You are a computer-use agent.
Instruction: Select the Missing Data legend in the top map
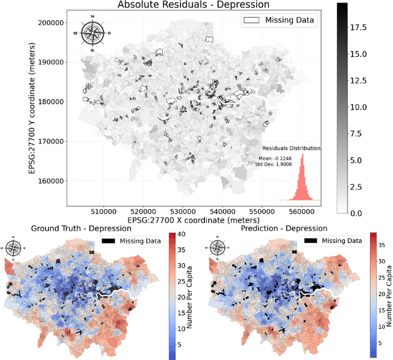(x=279, y=20)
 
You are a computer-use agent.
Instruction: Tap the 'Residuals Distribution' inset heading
(x=292, y=148)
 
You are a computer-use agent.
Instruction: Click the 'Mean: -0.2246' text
(x=275, y=158)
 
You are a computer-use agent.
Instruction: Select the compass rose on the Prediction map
(x=217, y=248)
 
